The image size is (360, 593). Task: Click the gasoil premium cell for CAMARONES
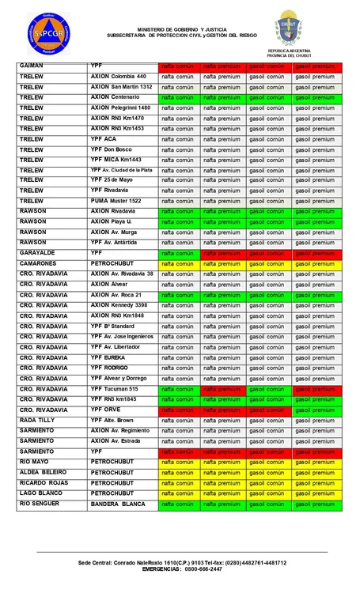[314, 263]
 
